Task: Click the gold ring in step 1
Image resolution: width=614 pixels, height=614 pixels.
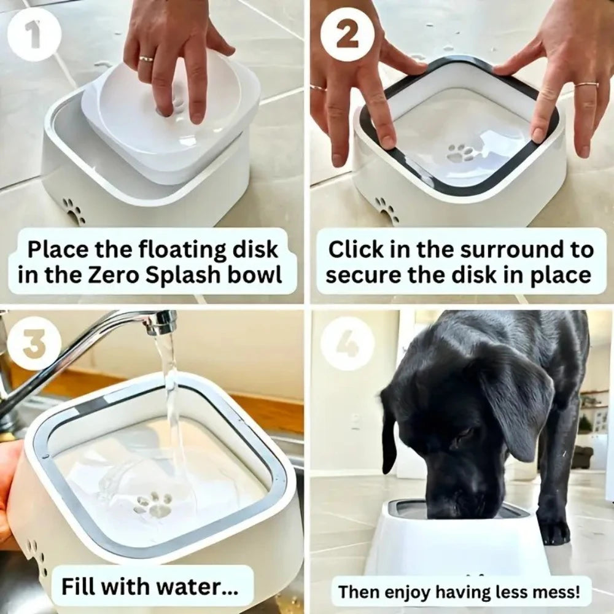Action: pyautogui.click(x=147, y=60)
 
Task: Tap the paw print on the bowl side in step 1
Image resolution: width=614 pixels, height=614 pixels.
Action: pyautogui.click(x=74, y=211)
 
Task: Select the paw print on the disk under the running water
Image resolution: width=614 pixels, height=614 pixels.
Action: pyautogui.click(x=153, y=505)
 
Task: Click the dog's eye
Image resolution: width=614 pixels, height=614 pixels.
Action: pyautogui.click(x=462, y=437)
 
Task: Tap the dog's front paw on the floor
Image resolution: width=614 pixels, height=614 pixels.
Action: pyautogui.click(x=556, y=531)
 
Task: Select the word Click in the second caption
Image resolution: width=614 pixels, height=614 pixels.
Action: pyautogui.click(x=356, y=250)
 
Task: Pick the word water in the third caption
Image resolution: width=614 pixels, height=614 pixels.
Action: pyautogui.click(x=202, y=586)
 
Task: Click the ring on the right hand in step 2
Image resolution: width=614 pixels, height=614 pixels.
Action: pyautogui.click(x=586, y=84)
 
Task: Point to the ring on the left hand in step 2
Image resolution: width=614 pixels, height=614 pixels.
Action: pyautogui.click(x=318, y=88)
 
